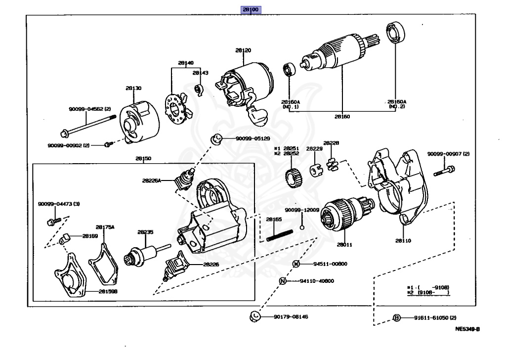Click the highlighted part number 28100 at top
coord(250,9)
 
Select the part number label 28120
coord(243,50)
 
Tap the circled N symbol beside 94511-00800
coord(295,264)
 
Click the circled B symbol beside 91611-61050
coord(396,317)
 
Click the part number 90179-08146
coord(292,316)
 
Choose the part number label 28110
coord(403,241)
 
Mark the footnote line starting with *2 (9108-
coord(428,292)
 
